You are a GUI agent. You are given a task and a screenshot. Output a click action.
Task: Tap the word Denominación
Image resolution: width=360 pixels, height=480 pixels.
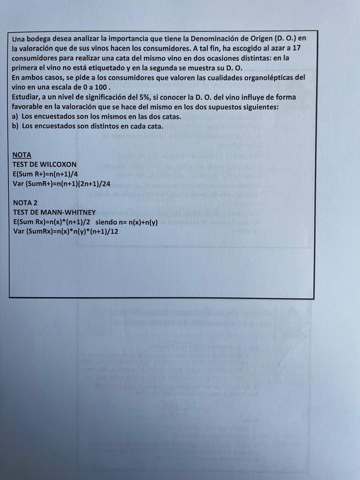[x=215, y=38]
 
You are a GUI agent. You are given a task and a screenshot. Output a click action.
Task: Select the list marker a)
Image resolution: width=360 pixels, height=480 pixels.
[x=15, y=116]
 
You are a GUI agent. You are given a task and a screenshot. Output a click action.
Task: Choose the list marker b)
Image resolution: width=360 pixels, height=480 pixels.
[x=15, y=126]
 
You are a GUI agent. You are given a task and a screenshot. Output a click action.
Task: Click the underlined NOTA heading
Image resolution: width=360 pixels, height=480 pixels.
[x=22, y=155]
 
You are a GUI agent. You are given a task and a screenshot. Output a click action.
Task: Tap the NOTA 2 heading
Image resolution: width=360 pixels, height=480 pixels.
[x=25, y=202]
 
